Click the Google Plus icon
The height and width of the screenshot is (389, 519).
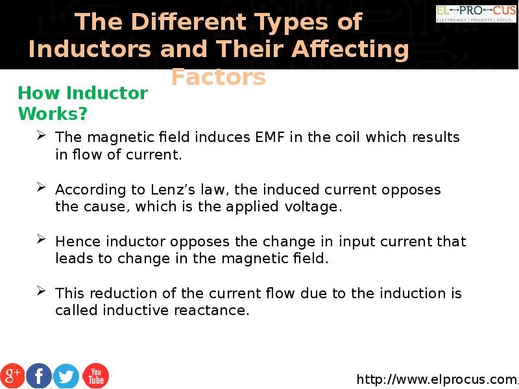pyautogui.click(x=12, y=376)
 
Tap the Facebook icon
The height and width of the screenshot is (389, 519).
pyautogui.click(x=39, y=376)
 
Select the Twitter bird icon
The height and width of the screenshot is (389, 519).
pyautogui.click(x=66, y=376)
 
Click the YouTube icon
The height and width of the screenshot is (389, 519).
pyautogui.click(x=95, y=376)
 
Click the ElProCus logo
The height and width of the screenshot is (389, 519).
pyautogui.click(x=476, y=14)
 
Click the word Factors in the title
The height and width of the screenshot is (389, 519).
pyautogui.click(x=219, y=77)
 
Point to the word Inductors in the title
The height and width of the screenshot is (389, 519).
pyautogui.click(x=90, y=49)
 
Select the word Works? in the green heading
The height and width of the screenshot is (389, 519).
pyautogui.click(x=53, y=113)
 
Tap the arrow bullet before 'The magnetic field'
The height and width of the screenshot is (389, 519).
pyautogui.click(x=41, y=135)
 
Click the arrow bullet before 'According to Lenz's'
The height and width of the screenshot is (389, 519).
pyautogui.click(x=41, y=187)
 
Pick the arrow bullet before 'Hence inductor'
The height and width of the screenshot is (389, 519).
pyautogui.click(x=41, y=239)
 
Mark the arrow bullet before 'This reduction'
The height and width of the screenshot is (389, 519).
pyautogui.click(x=41, y=290)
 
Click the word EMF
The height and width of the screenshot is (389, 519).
pyautogui.click(x=270, y=137)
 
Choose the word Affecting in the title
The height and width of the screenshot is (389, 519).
pyautogui.click(x=350, y=50)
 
